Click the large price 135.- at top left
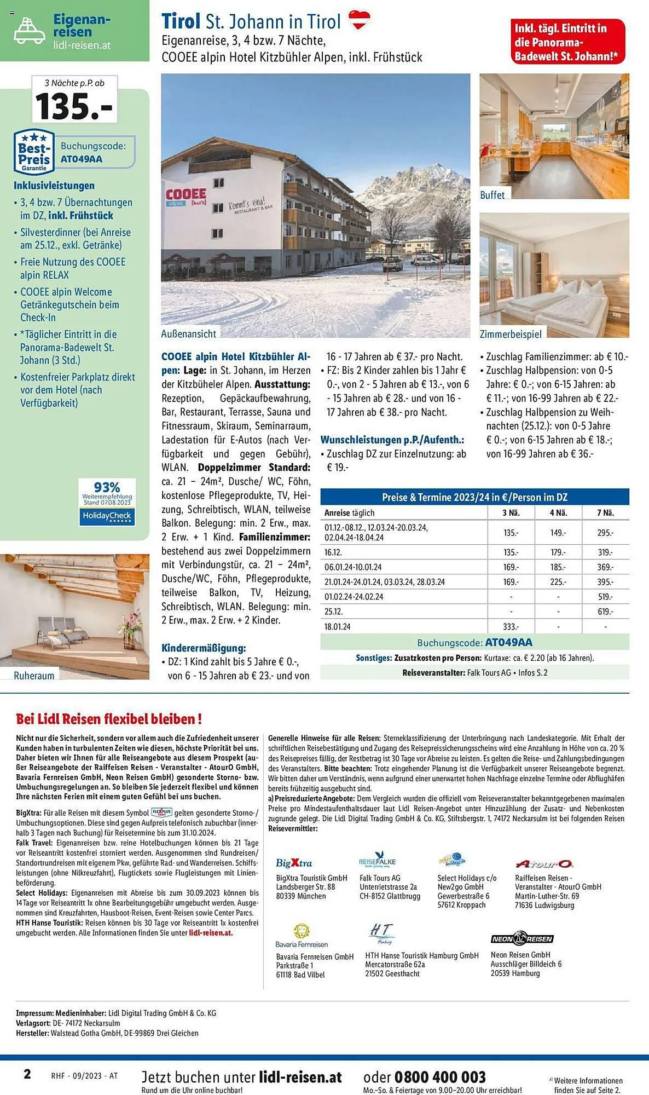(74, 106)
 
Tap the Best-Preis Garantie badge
(34, 152)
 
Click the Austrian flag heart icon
(360, 20)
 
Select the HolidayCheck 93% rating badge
(106, 502)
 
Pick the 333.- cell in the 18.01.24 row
(511, 626)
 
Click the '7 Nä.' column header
(605, 513)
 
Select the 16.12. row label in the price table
(333, 552)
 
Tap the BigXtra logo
(294, 863)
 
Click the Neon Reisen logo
(521, 938)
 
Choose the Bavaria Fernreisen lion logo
(301, 931)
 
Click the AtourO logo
(544, 864)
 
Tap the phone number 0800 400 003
(440, 1077)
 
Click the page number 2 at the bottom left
(27, 1074)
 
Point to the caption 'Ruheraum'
(34, 676)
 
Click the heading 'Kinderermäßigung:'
(204, 648)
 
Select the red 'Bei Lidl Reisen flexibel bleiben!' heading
(109, 719)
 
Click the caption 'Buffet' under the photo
(492, 195)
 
